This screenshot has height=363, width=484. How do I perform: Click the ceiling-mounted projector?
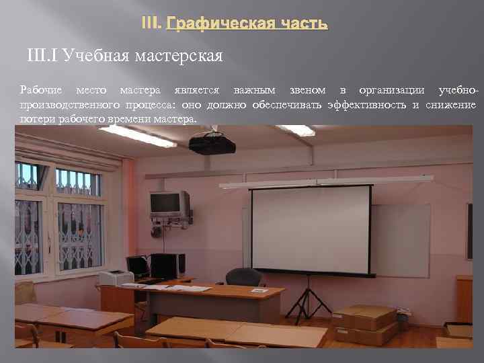212,143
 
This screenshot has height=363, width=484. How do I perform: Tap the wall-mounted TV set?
169,202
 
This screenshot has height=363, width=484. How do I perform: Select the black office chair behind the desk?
244,277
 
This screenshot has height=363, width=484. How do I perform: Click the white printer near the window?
116,278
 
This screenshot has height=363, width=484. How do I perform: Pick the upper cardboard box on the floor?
364,316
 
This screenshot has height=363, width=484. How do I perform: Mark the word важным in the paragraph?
250,89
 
